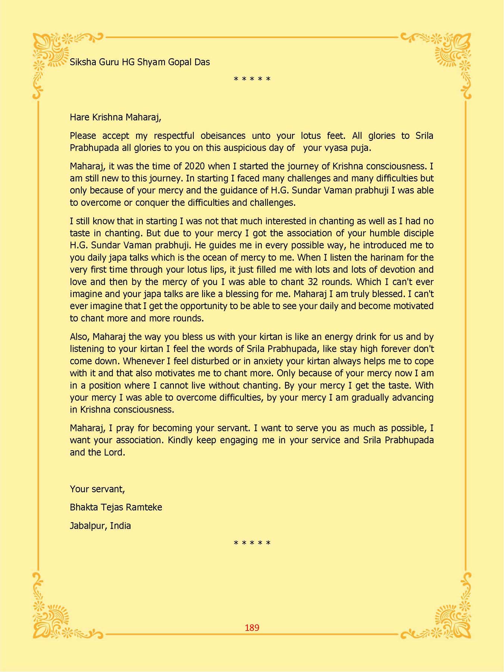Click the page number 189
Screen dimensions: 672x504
coord(252,628)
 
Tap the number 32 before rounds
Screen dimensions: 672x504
coord(313,281)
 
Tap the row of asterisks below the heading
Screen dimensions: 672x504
coord(252,80)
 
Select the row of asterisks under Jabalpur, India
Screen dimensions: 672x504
coord(252,543)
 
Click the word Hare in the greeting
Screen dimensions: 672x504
coord(79,117)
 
